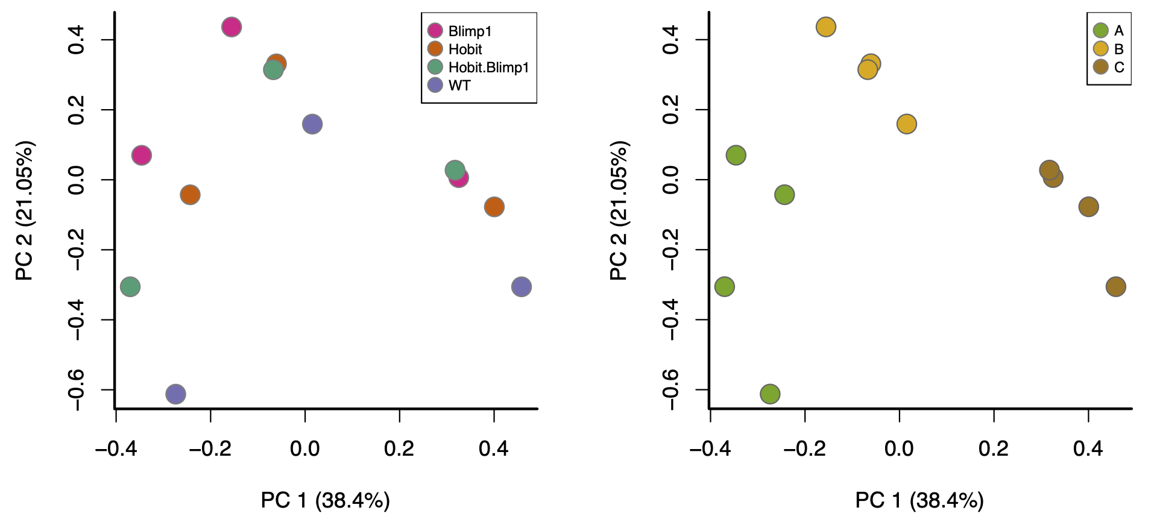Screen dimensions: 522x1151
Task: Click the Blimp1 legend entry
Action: [470, 31]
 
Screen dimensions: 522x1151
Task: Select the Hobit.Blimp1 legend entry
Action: [488, 68]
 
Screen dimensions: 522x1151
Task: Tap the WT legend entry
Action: [459, 86]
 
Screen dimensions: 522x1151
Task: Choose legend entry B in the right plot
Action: [1118, 49]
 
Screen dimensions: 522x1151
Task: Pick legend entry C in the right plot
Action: [1118, 68]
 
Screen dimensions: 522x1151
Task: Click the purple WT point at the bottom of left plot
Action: [175, 394]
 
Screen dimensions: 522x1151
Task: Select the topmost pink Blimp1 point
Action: [232, 27]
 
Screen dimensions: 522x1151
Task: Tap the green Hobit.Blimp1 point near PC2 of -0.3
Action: [130, 286]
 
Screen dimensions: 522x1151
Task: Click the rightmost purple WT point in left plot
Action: [522, 287]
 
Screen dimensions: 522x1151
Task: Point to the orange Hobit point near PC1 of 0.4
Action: [494, 207]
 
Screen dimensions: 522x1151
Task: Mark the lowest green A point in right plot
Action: [770, 394]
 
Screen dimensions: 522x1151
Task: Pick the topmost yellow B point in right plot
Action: [826, 27]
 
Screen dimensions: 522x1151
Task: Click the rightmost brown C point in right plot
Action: [1116, 287]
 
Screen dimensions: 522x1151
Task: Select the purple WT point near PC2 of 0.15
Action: [312, 124]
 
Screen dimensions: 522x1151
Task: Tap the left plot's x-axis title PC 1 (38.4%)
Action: [325, 500]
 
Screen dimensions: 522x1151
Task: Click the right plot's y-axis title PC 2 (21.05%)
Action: [619, 210]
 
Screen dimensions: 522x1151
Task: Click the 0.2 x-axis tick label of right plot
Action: [994, 448]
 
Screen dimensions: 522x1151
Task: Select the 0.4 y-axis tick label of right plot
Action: [671, 40]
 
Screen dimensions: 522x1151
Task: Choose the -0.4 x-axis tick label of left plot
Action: [116, 448]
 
